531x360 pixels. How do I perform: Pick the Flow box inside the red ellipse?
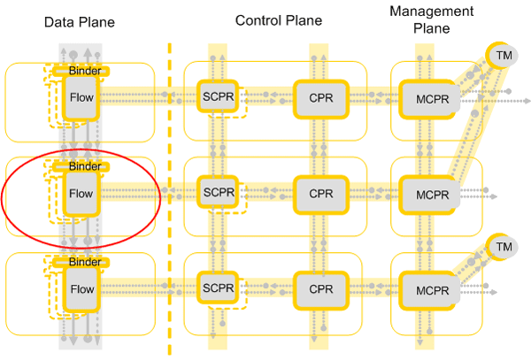81,192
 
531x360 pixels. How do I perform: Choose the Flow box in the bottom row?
81,289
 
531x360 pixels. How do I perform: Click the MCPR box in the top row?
427,96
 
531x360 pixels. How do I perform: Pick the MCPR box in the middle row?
427,192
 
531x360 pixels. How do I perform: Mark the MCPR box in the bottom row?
427,289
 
